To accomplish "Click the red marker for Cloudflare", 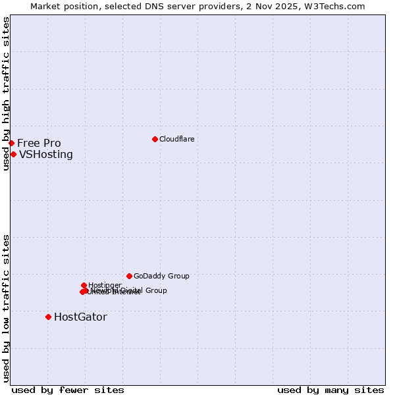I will [x=155, y=139].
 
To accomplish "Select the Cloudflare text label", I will [x=176, y=139].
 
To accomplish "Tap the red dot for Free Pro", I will [x=11, y=143].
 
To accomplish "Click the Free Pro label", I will [x=39, y=143].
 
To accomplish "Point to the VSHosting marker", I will [x=13, y=154].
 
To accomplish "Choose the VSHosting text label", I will [x=46, y=155].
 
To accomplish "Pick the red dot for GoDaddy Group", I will [x=129, y=276].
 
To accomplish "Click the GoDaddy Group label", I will [x=161, y=276].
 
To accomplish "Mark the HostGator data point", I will [x=48, y=317].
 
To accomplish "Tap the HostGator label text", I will [x=80, y=317].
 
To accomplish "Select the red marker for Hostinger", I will [x=84, y=285].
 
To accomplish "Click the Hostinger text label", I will [x=105, y=285].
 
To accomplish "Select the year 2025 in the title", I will [x=290, y=6].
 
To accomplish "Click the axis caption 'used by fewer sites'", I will [x=68, y=390].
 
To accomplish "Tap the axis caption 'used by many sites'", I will [x=330, y=390].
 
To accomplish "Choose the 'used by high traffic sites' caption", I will [x=6, y=93].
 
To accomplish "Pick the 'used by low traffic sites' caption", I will [x=6, y=308].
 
